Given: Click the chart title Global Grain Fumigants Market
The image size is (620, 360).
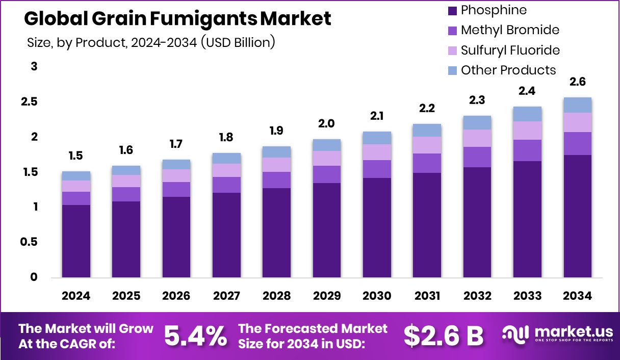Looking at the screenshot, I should tap(177, 19).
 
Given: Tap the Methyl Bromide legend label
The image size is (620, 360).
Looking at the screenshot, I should tap(510, 30).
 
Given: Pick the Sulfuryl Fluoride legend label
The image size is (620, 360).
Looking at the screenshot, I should tap(510, 50).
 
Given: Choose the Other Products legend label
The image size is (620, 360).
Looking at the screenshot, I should tap(508, 70).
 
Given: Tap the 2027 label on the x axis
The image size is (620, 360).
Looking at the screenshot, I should tap(226, 296).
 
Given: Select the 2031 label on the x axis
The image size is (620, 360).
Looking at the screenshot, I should tap(427, 296).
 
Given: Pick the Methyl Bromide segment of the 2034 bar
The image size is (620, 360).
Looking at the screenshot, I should tap(577, 143).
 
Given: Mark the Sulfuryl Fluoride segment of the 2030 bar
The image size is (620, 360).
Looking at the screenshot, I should tap(377, 152).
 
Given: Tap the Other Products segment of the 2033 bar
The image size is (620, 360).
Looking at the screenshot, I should tap(527, 114).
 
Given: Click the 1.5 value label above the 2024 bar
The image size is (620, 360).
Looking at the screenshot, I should tap(76, 156).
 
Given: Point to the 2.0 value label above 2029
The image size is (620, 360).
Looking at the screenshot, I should tap(327, 124).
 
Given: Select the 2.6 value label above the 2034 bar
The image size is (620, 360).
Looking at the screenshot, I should tap(577, 82).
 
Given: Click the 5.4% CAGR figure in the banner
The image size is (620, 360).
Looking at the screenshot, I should tap(195, 336).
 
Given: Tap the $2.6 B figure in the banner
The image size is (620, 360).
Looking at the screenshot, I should tap(443, 336).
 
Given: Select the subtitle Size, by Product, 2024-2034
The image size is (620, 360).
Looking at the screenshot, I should tap(151, 43).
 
